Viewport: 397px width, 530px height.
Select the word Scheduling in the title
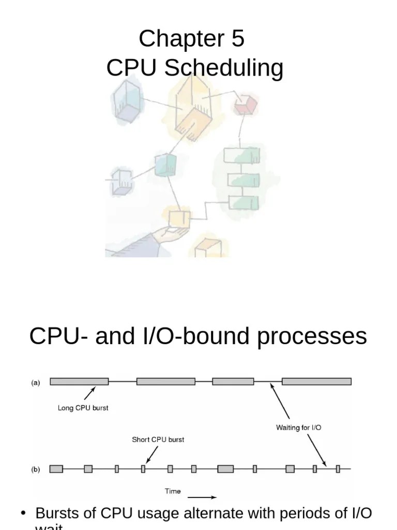(224, 69)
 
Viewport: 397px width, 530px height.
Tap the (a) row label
(36, 382)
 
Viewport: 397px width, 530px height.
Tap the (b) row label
(36, 469)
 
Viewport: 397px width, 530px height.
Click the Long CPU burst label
(83, 408)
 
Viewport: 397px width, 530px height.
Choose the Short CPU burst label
(158, 440)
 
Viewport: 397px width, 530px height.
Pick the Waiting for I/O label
(299, 428)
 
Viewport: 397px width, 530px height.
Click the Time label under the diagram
(173, 491)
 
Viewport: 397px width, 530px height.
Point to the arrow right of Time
(205, 498)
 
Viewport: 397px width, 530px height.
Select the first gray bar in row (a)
(79, 381)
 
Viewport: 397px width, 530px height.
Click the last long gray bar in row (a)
(316, 381)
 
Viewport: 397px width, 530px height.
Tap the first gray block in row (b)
(56, 469)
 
